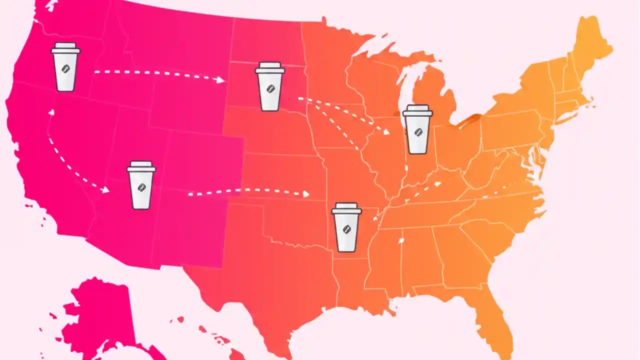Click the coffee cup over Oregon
click(x=65, y=67)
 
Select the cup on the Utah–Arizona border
click(x=141, y=185)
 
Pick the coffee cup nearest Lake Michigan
click(x=417, y=129)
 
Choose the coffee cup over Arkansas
click(x=346, y=227)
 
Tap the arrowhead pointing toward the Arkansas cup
click(x=305, y=194)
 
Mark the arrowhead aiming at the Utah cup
click(x=105, y=190)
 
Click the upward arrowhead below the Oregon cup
click(x=51, y=112)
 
